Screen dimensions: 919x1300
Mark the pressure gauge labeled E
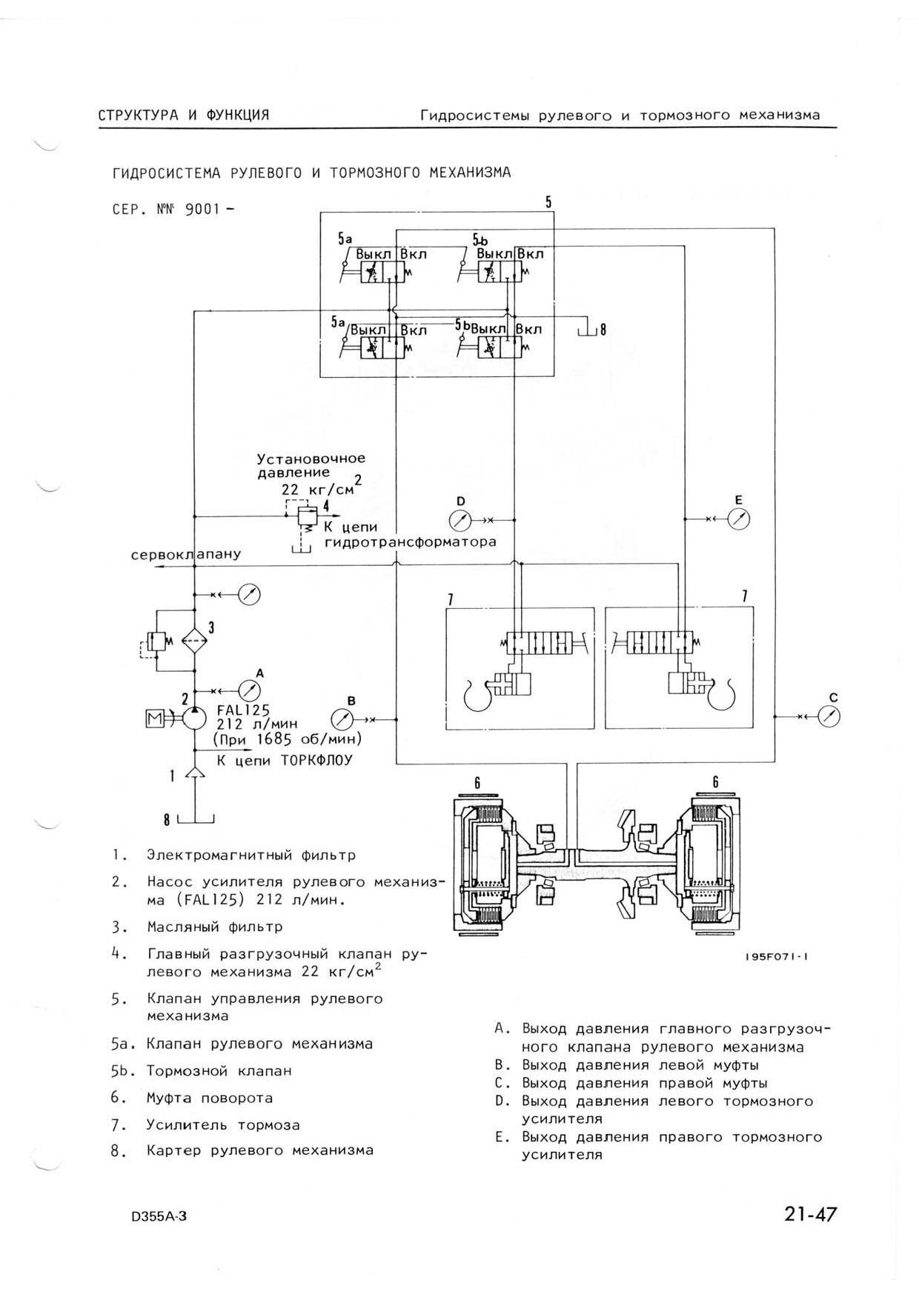[x=738, y=519]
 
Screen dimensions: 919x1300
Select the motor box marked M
[x=156, y=718]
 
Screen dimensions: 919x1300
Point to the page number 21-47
[x=810, y=1215]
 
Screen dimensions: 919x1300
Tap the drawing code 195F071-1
[x=777, y=956]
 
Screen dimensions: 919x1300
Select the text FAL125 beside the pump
[x=243, y=709]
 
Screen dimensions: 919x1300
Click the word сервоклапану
[x=186, y=554]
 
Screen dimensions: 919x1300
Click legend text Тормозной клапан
[x=219, y=1071]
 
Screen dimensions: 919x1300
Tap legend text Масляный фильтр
[x=215, y=927]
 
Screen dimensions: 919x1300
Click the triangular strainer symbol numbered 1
[x=194, y=773]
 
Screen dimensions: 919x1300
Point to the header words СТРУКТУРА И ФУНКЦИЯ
[x=184, y=115]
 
